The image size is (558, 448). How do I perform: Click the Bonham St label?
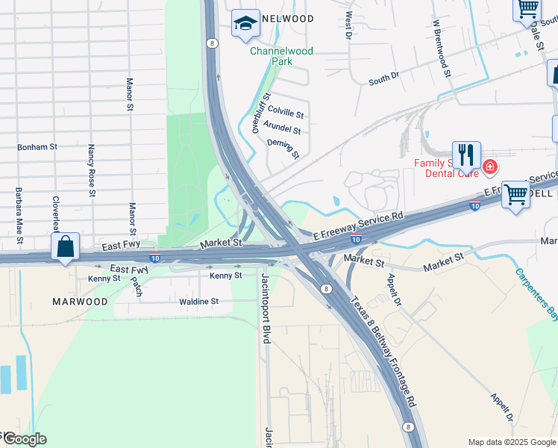pyautogui.click(x=37, y=147)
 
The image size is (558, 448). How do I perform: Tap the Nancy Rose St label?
pyautogui.click(x=92, y=171)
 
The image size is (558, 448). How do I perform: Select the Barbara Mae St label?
pyautogui.click(x=18, y=216)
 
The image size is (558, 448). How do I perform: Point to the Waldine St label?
pyautogui.click(x=198, y=302)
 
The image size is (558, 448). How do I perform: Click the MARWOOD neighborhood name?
pyautogui.click(x=80, y=302)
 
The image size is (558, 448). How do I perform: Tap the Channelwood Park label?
pyautogui.click(x=281, y=56)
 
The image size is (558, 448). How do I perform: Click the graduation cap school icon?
pyautogui.click(x=245, y=24)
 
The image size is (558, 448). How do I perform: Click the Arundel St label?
pyautogui.click(x=283, y=130)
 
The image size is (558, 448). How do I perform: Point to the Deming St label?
pyautogui.click(x=283, y=149)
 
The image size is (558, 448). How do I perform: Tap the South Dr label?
pyautogui.click(x=384, y=78)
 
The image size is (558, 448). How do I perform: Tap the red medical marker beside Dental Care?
pyautogui.click(x=490, y=167)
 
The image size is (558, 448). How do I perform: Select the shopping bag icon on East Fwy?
pyautogui.click(x=66, y=246)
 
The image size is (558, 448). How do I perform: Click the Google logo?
pyautogui.click(x=25, y=438)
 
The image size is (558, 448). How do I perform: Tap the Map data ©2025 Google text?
pyautogui.click(x=511, y=442)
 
